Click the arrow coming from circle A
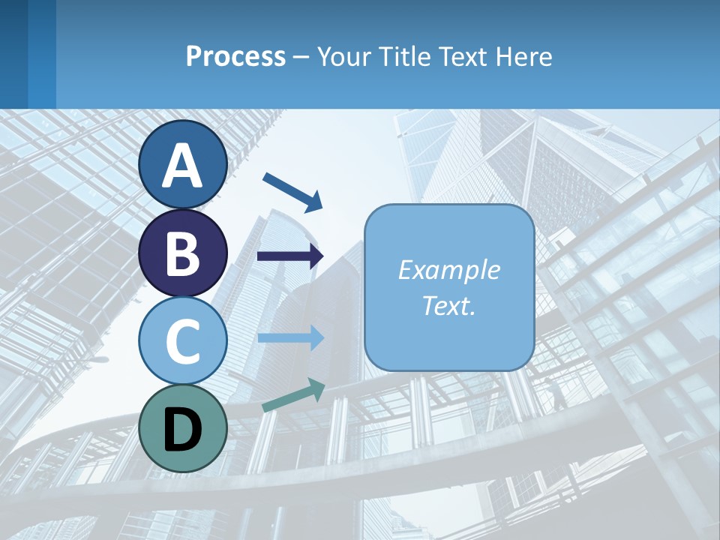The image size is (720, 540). pyautogui.click(x=292, y=191)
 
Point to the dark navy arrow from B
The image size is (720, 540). pyautogui.click(x=290, y=256)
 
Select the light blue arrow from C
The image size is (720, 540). pyautogui.click(x=290, y=337)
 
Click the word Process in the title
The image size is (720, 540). pyautogui.click(x=235, y=56)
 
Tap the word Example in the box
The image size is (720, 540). pyautogui.click(x=448, y=270)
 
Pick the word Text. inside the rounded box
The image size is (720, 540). pyautogui.click(x=448, y=305)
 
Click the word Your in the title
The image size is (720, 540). pyautogui.click(x=341, y=56)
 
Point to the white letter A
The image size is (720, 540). pyautogui.click(x=182, y=166)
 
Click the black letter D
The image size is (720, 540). pyautogui.click(x=182, y=430)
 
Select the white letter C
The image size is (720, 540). pyautogui.click(x=182, y=342)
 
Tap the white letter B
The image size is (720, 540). pyautogui.click(x=182, y=253)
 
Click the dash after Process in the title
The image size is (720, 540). pyautogui.click(x=301, y=58)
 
